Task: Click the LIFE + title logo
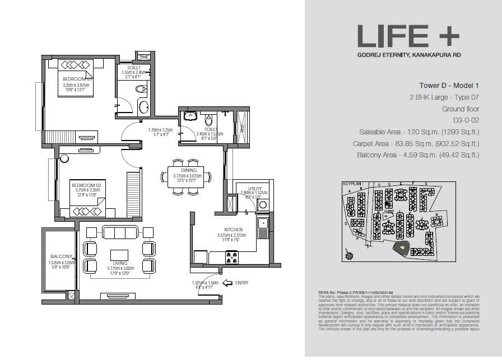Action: (x=408, y=38)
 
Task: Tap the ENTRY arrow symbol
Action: (x=227, y=283)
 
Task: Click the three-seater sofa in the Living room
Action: (x=119, y=232)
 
